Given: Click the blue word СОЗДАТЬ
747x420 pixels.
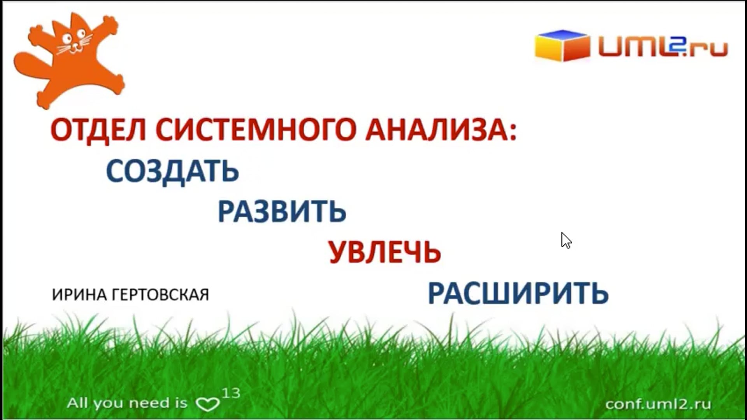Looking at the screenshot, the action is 172,171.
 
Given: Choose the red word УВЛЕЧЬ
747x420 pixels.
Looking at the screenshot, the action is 385,252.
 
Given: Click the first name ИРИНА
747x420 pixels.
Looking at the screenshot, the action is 79,295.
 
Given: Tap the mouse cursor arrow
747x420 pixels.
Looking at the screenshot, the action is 566,240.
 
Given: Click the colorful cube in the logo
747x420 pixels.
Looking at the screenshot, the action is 562,45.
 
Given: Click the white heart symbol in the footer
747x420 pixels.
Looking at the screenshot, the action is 207,404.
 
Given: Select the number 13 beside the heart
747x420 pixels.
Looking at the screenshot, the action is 231,393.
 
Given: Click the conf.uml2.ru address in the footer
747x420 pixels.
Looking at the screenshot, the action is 658,404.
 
